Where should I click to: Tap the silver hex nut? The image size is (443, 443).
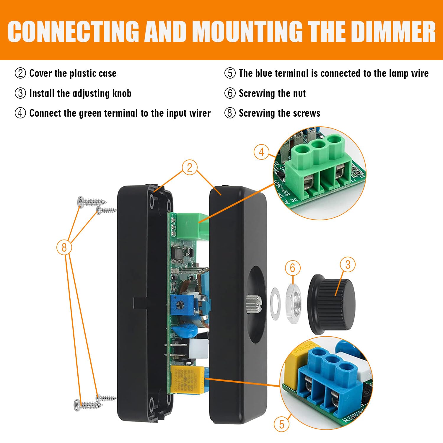click(x=294, y=304)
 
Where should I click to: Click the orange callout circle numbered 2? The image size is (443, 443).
click(x=190, y=167)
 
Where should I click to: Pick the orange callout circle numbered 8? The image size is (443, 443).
click(x=64, y=247)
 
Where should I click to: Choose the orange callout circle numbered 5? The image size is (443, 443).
click(x=281, y=424)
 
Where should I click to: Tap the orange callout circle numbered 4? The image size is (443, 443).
click(x=261, y=152)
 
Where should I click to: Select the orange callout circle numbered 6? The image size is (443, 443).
click(x=292, y=268)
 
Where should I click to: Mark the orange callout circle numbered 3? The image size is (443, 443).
click(x=348, y=264)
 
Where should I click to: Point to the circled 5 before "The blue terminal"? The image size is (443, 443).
click(x=230, y=73)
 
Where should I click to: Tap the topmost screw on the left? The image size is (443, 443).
click(x=92, y=202)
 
